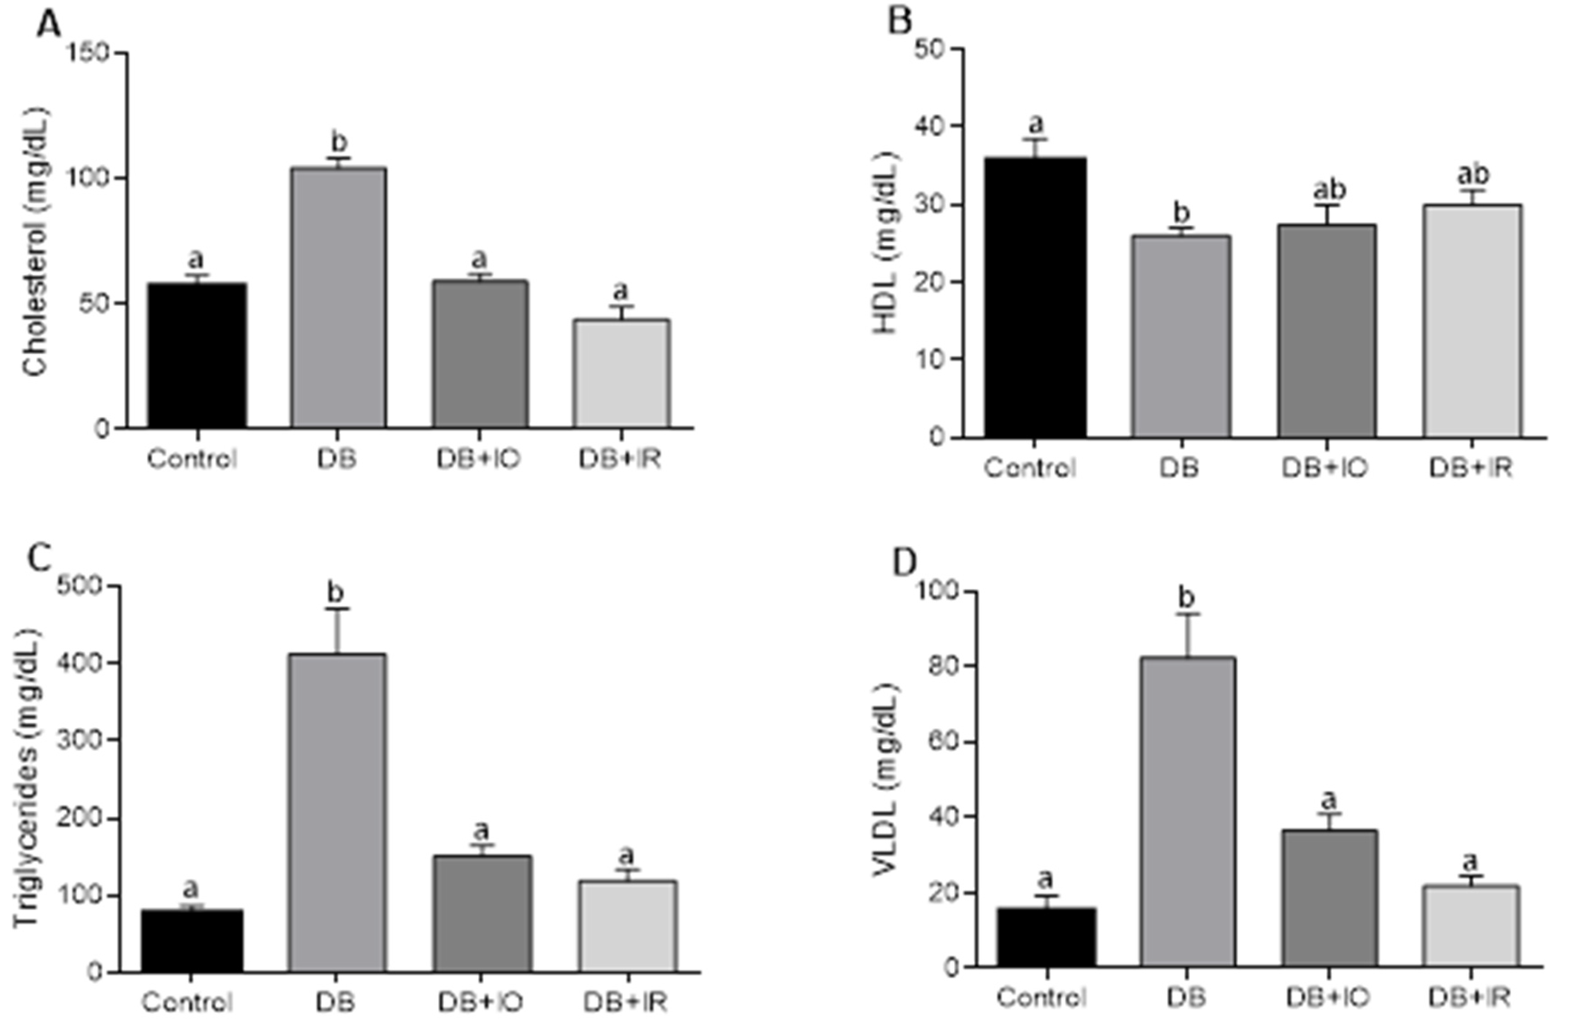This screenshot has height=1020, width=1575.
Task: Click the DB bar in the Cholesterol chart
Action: [x=338, y=298]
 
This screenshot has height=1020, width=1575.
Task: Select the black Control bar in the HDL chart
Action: [x=1035, y=298]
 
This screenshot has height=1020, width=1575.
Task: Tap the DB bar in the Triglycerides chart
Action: [x=337, y=814]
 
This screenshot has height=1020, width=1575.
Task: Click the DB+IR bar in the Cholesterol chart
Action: [x=621, y=374]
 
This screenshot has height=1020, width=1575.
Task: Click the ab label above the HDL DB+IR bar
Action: [x=1474, y=175]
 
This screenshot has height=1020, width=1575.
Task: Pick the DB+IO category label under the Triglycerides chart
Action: [x=480, y=1002]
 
